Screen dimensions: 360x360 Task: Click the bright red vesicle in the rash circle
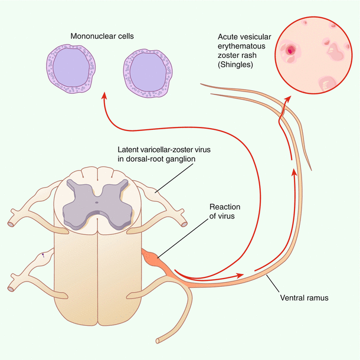[x=290, y=51]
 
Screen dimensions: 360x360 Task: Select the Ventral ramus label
[x=304, y=298]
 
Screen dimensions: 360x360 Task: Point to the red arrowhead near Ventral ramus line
[x=240, y=276]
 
